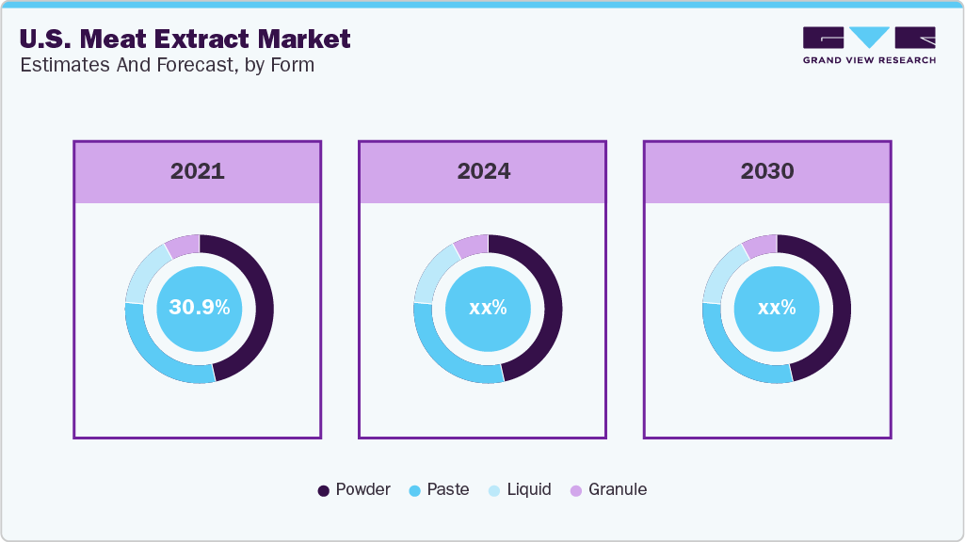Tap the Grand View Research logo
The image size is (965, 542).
coord(868,44)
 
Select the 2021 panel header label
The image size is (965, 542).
coord(198,171)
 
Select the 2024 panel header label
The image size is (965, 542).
coord(484,171)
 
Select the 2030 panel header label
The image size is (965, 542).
coord(767,171)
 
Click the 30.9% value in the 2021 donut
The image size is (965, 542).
coord(199,308)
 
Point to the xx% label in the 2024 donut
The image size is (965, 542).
coord(488,308)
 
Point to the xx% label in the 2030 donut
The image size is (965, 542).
coord(777,308)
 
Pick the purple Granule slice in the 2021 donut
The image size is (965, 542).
coord(184,246)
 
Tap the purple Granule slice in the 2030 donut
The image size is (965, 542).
coord(761,246)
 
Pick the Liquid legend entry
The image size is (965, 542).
coord(520,489)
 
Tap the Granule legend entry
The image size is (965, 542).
coord(608,489)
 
